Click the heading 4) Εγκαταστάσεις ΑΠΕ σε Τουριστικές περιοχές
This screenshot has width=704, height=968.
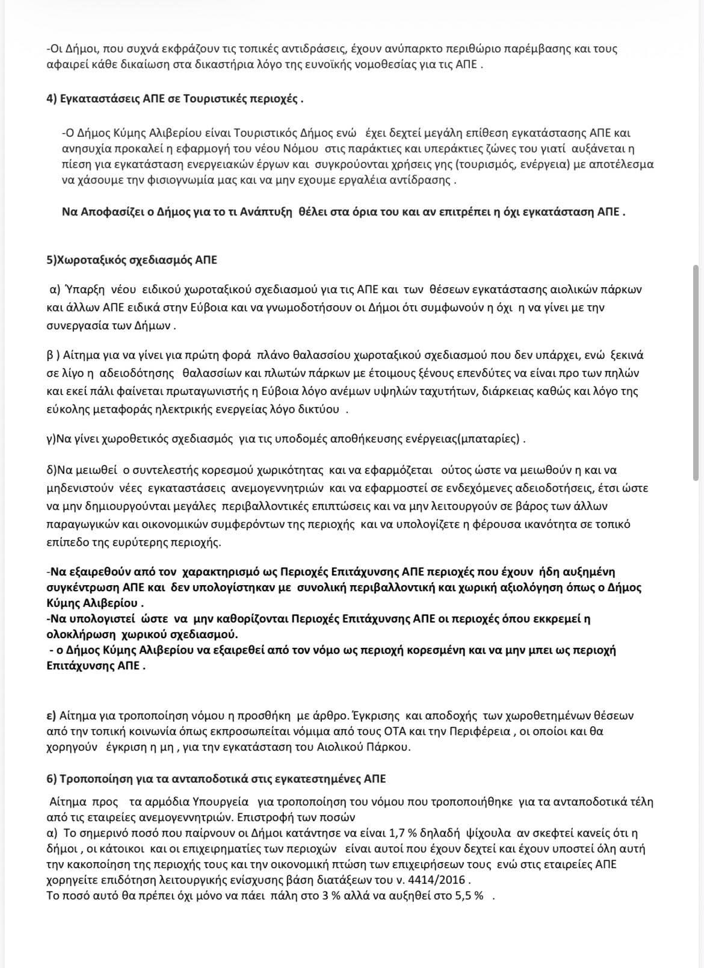174,99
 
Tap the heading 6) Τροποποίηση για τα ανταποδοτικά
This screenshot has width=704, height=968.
216,779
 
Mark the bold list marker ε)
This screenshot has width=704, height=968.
51,716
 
